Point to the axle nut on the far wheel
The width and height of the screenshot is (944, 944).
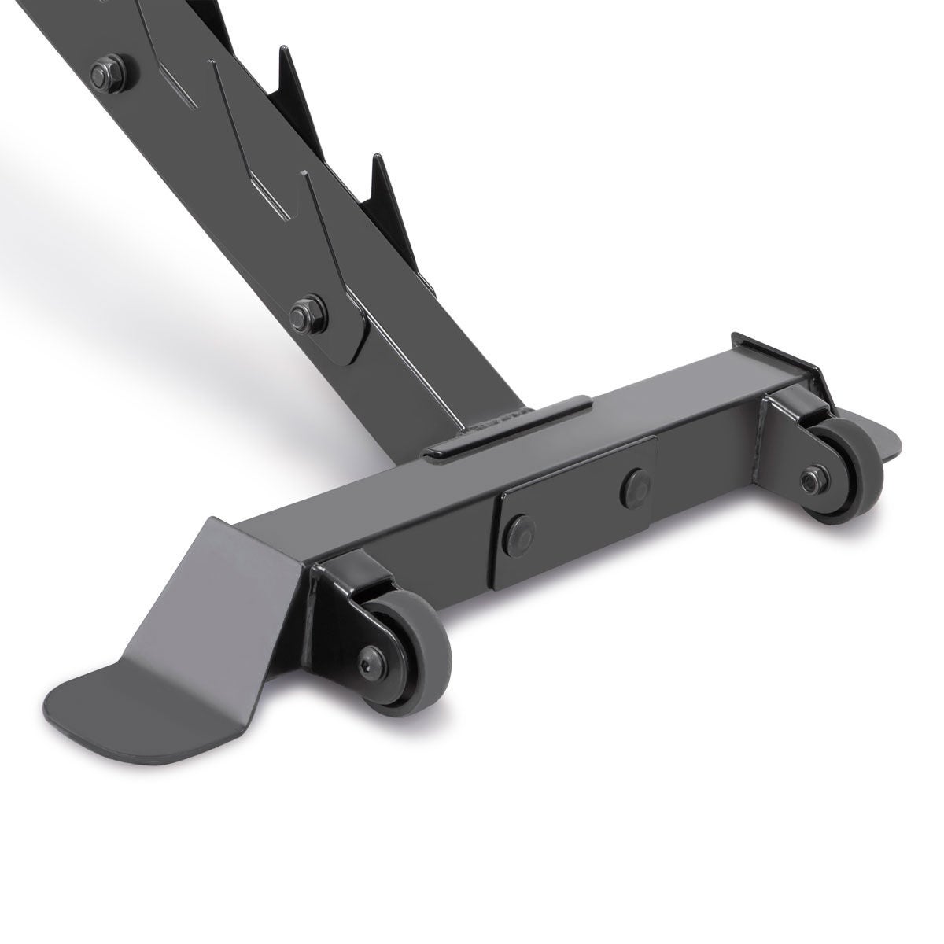[810, 477]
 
